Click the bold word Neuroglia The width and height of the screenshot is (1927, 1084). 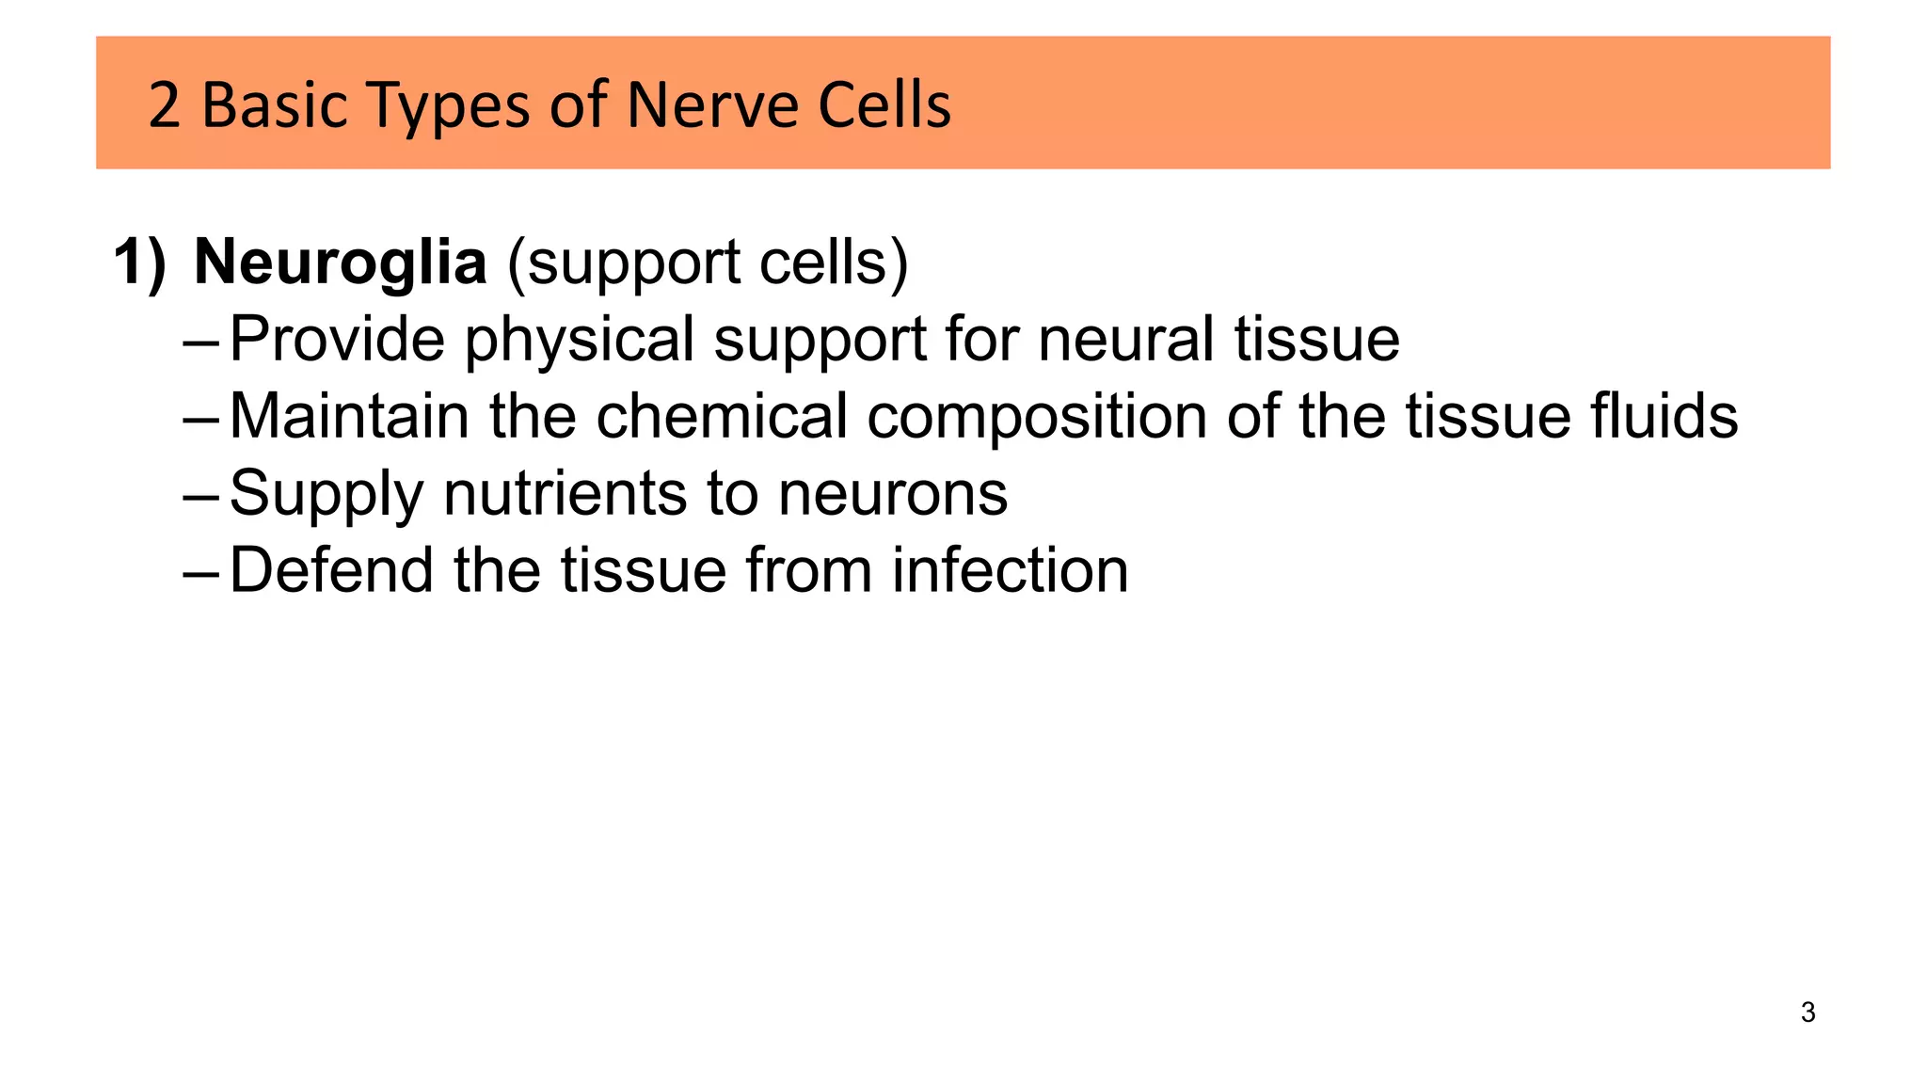coord(340,263)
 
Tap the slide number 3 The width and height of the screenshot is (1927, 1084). coord(1808,1012)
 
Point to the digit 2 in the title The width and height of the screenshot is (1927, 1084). coord(164,106)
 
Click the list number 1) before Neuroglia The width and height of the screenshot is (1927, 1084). coord(139,263)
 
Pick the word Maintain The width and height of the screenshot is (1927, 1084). coord(349,416)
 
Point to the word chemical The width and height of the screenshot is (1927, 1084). coord(722,416)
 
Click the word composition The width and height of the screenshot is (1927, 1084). coord(1036,418)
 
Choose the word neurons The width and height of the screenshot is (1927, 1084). coord(893,495)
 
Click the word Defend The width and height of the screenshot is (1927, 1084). coord(332,570)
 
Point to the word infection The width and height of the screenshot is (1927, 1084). coord(1010,570)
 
